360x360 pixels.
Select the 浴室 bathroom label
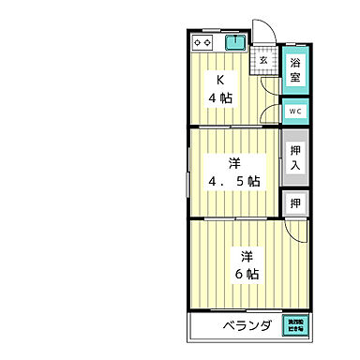(294, 70)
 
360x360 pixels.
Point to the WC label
(294, 112)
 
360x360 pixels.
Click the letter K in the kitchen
(221, 80)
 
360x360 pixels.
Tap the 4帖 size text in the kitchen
(221, 97)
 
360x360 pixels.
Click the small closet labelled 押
(294, 202)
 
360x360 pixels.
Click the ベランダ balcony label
(247, 326)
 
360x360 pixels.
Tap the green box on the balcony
(295, 326)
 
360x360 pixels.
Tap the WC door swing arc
(273, 111)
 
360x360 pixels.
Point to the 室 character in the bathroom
(294, 78)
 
